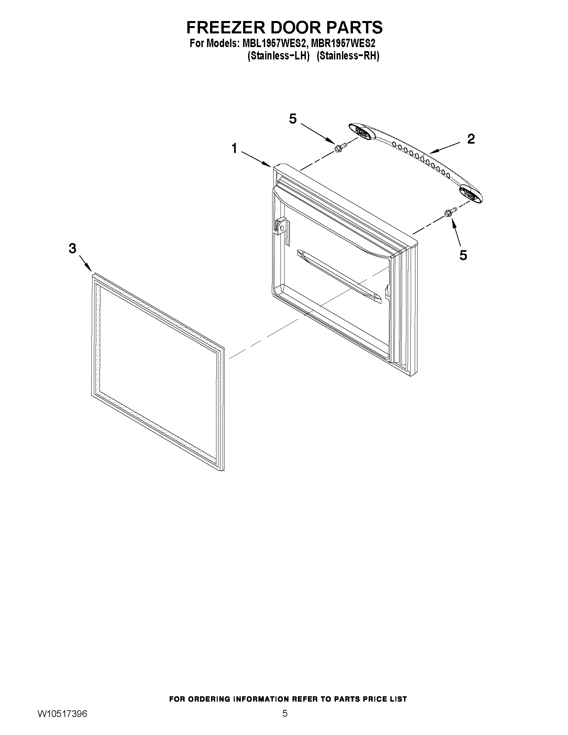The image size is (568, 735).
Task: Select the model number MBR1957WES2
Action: [343, 44]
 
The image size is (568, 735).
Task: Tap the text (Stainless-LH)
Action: [278, 56]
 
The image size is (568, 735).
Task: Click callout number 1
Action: [234, 148]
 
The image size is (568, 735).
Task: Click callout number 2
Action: [471, 139]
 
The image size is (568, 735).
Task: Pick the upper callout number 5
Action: [293, 119]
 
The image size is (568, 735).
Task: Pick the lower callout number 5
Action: [463, 255]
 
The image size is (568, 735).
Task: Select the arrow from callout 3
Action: [85, 263]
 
